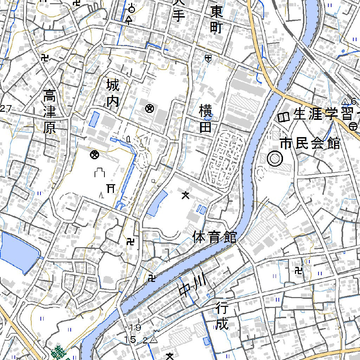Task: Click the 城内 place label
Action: (113, 93)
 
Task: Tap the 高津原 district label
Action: (49, 111)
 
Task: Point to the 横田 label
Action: (205, 118)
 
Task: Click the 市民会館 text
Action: (310, 143)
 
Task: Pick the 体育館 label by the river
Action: (214, 237)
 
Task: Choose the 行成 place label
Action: (222, 317)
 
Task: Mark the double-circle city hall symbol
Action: (275, 159)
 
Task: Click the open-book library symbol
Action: (283, 117)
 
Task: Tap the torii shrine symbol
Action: (111, 188)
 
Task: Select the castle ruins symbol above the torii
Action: (100, 173)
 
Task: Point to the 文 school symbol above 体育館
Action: (185, 195)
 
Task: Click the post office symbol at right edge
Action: (354, 126)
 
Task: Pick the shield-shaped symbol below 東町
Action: (208, 58)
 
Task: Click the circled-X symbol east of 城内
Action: (149, 109)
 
